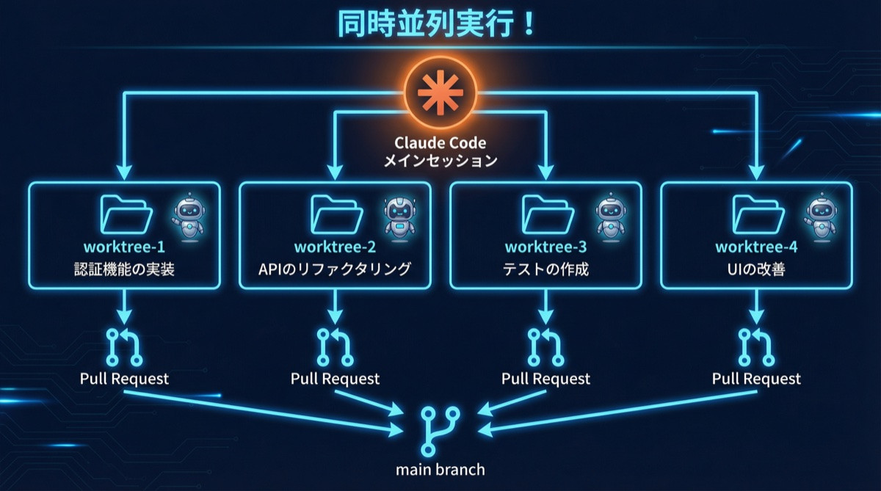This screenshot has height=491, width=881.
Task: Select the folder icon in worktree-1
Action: tap(126, 214)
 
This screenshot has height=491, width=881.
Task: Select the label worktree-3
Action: tap(545, 247)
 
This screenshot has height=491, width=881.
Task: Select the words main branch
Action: tap(440, 469)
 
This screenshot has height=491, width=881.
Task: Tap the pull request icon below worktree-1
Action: tap(125, 346)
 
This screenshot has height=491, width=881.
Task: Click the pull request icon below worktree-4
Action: tap(757, 346)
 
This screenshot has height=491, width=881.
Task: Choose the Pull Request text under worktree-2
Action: tap(335, 379)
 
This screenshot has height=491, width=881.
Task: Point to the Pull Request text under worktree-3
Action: tap(545, 379)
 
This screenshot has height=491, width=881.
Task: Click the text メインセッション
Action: tap(440, 161)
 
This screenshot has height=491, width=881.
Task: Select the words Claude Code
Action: tap(440, 142)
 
